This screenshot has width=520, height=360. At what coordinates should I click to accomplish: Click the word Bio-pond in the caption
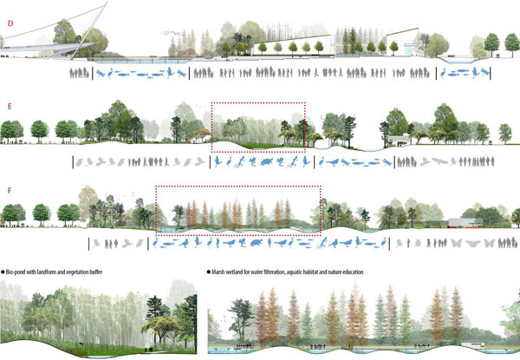[x=21, y=272]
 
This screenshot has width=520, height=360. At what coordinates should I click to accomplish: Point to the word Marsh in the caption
[x=220, y=272]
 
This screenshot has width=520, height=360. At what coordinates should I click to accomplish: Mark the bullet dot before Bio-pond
[x=3, y=272]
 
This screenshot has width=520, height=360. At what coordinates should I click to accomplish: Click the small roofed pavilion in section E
[x=400, y=139]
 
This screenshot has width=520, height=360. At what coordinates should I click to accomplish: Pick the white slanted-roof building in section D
[x=403, y=45]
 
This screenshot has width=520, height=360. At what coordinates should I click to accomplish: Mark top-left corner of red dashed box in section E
[x=211, y=103]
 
